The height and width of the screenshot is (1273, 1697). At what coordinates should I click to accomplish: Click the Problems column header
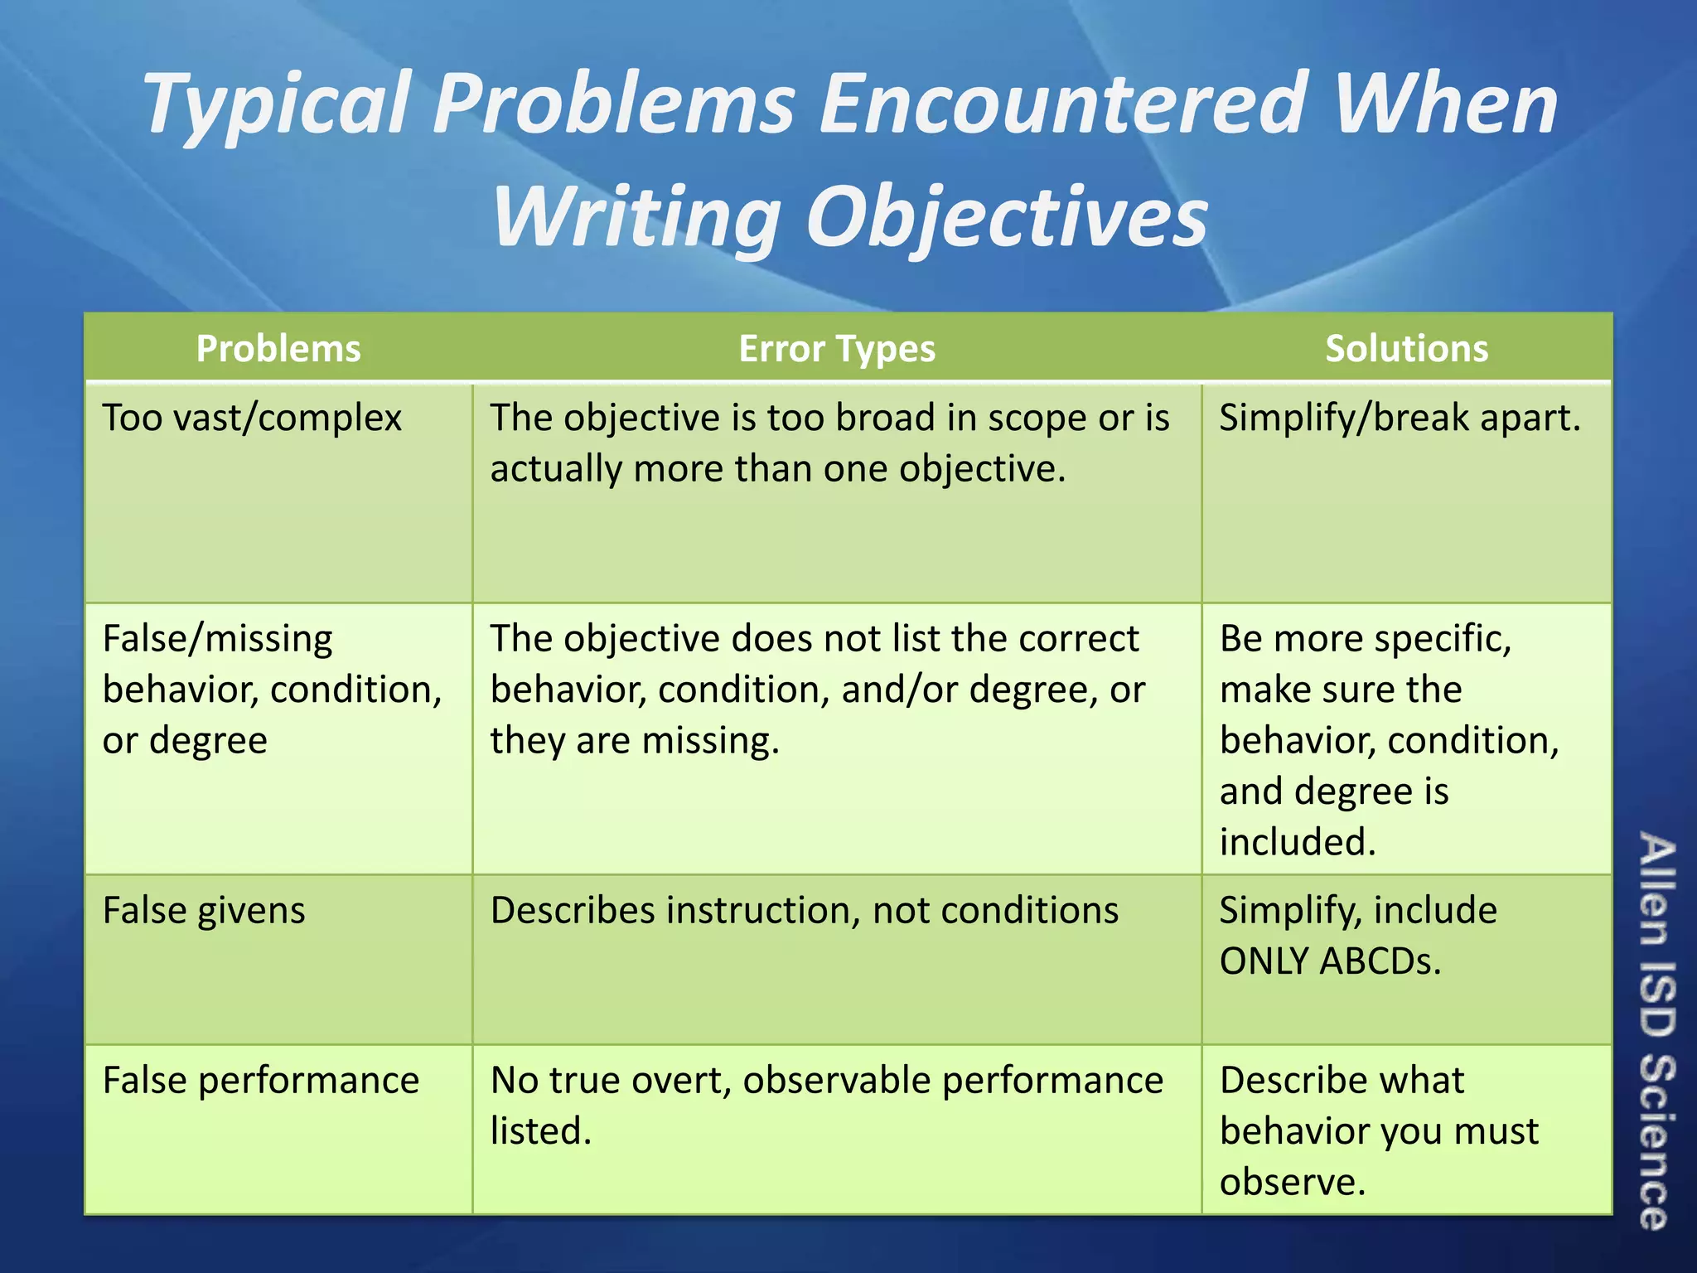coord(278,349)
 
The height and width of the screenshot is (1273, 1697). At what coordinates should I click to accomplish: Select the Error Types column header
coord(837,349)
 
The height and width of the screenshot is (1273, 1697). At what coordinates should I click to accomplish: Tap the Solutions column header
coord(1406,349)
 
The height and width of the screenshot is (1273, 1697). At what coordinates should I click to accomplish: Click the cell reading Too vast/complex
coord(252,418)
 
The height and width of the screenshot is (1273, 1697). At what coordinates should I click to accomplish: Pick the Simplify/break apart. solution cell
coord(1400,418)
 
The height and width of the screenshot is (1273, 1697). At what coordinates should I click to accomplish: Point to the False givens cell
coord(204,911)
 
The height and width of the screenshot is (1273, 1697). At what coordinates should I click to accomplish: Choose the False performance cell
coord(261,1081)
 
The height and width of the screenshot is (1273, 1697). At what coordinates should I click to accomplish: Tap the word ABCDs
coord(1380,961)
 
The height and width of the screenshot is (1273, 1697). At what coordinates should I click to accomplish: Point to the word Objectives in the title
coord(1007,218)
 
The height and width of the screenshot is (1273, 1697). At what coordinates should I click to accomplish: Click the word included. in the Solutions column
coord(1298,842)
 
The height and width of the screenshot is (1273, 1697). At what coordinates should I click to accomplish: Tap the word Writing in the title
coord(636,218)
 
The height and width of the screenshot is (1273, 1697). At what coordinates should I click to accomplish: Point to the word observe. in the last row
coord(1292,1182)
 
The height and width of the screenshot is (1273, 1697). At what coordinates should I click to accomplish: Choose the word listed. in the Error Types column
coord(541,1131)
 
